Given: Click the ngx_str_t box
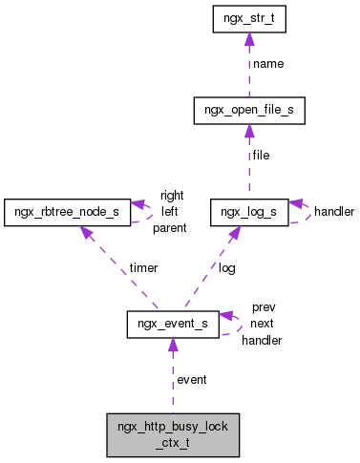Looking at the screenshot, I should tap(248, 18).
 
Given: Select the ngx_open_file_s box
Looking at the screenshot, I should tap(248, 111).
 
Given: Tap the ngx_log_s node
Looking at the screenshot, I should tap(248, 210).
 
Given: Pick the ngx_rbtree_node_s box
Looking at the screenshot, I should tap(66, 210).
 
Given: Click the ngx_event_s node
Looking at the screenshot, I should tap(173, 325).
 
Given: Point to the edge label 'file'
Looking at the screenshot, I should tap(262, 155).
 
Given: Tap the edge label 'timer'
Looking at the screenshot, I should tap(144, 268).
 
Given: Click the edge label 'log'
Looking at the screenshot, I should tap(227, 268).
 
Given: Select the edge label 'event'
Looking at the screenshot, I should tap(192, 379).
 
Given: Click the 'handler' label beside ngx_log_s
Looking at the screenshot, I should tap(334, 211).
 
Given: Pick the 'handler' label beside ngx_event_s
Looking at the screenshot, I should tap(262, 340).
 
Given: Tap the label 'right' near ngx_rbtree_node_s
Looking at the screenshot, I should tap(172, 195).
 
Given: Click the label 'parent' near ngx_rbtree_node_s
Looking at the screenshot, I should tap(169, 227).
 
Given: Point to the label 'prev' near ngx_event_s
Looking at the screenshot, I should tap(264, 307).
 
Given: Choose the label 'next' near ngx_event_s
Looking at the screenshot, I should tap(263, 324).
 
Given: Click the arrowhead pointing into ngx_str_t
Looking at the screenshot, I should tap(248, 39).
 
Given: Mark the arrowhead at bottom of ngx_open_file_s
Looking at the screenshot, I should tap(248, 131).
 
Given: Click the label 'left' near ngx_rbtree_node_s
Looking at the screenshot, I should tap(169, 211).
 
